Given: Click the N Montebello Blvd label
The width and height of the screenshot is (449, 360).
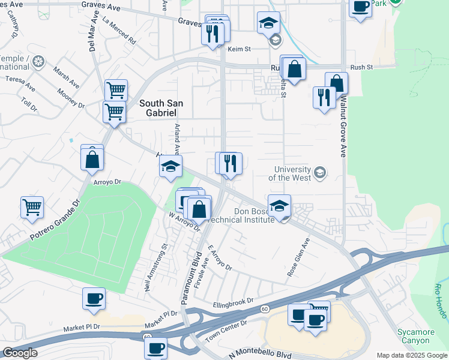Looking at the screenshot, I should pyautogui.click(x=259, y=354).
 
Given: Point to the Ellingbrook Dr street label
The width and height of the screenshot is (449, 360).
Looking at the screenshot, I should pyautogui.click(x=234, y=304).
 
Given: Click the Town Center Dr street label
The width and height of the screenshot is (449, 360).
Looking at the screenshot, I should pyautogui.click(x=226, y=327).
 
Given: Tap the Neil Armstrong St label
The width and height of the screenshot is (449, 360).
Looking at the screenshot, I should pyautogui.click(x=155, y=267).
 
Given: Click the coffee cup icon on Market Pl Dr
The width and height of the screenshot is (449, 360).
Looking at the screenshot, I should pyautogui.click(x=93, y=298).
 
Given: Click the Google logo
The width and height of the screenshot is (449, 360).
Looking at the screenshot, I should pyautogui.click(x=19, y=353).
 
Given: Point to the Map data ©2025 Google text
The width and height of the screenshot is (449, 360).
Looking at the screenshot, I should pyautogui.click(x=411, y=355).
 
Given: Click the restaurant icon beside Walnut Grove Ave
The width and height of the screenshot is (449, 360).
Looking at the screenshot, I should pyautogui.click(x=324, y=97).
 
